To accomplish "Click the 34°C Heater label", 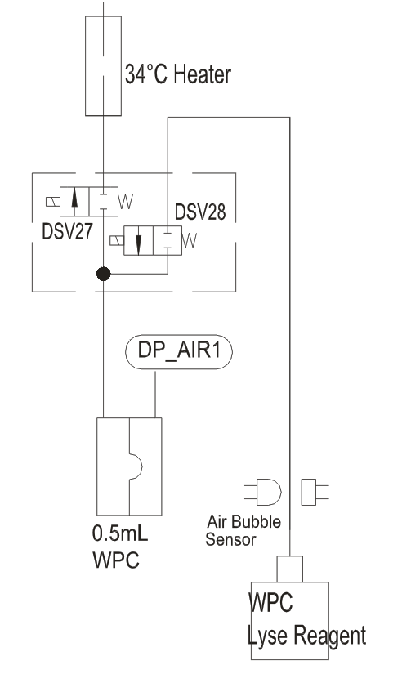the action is [178, 74].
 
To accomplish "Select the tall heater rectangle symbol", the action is [103, 66].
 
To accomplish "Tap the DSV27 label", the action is [67, 231].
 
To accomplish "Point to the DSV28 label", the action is [200, 212].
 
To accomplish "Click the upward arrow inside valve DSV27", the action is [74, 201].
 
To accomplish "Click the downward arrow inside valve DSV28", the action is [138, 241].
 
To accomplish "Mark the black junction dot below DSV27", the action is [103, 274].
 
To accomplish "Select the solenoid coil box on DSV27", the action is [53, 201].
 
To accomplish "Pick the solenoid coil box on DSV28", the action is [117, 240].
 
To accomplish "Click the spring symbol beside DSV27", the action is [126, 201].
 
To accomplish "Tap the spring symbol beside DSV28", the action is [190, 240].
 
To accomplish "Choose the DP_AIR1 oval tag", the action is [179, 351].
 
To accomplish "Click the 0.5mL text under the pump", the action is [120, 533].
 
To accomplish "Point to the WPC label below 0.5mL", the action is [116, 560].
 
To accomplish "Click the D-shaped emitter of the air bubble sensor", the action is [269, 492].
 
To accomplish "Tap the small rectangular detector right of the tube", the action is [309, 492].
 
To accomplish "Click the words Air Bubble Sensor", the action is [243, 530].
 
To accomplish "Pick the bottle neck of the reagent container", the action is [290, 569].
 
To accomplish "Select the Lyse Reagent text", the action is [307, 636].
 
